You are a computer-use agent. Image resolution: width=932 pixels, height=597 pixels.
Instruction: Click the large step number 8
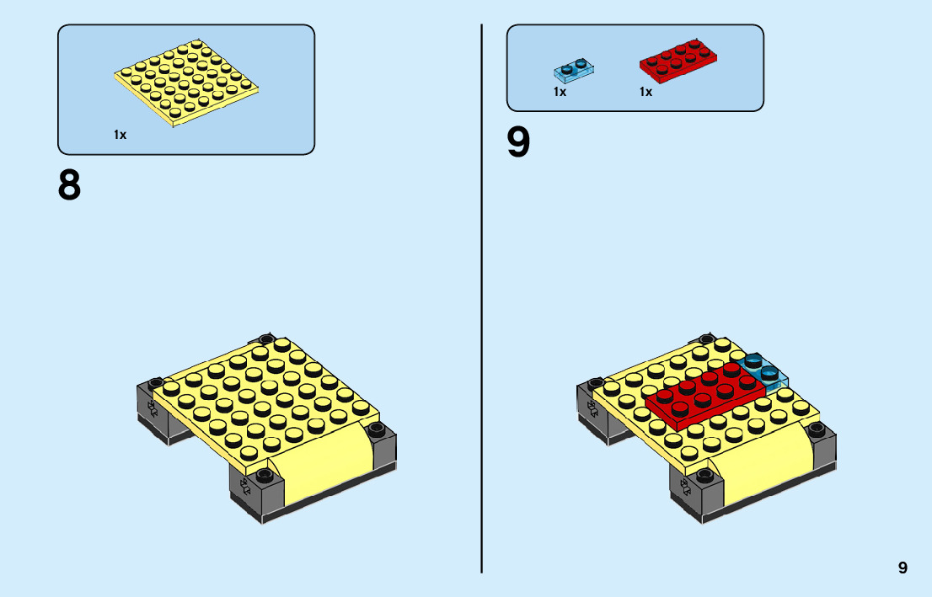[x=70, y=184]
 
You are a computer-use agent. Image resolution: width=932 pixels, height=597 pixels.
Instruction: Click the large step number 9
[x=519, y=142]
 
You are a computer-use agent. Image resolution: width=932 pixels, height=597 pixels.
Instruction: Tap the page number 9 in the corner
[x=903, y=568]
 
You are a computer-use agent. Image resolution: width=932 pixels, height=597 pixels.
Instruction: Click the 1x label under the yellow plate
[x=121, y=135]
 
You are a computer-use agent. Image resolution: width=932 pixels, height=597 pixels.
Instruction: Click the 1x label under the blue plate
[x=560, y=92]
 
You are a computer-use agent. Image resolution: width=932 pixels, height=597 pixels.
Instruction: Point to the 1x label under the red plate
[x=645, y=92]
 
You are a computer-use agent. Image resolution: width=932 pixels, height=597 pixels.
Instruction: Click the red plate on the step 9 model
[x=704, y=392]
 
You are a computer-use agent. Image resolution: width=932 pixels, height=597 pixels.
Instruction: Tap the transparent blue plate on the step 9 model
[x=763, y=370]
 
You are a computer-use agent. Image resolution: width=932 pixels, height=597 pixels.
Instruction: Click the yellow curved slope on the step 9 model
[x=763, y=472]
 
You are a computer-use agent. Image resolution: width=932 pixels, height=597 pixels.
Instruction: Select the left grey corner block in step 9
[x=590, y=408]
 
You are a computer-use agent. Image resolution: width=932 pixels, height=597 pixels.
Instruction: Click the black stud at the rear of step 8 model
[x=267, y=340]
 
